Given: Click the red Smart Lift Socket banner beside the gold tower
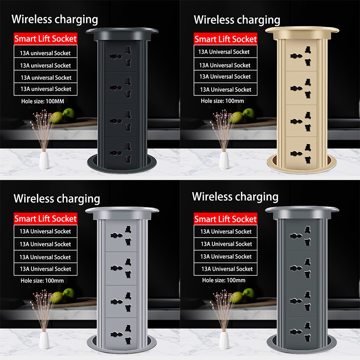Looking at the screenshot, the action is pos(225,39).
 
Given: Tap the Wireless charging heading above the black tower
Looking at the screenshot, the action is pos(54,19).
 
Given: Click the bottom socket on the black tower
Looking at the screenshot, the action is pos(121,153).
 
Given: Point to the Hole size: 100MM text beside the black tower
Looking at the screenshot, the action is pos(43,101).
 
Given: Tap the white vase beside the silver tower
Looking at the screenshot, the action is pos(44,341).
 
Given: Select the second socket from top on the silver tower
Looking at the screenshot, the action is pos(121,268).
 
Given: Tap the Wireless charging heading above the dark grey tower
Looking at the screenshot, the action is pos(235,197).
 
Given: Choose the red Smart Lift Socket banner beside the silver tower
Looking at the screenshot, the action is pos(45,219).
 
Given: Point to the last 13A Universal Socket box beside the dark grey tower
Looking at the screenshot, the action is pos(225,269).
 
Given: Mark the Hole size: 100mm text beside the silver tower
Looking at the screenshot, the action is pos(42,280).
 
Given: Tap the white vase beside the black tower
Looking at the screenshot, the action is pos(44,161).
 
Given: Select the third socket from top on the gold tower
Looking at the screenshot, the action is pos(301,121).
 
